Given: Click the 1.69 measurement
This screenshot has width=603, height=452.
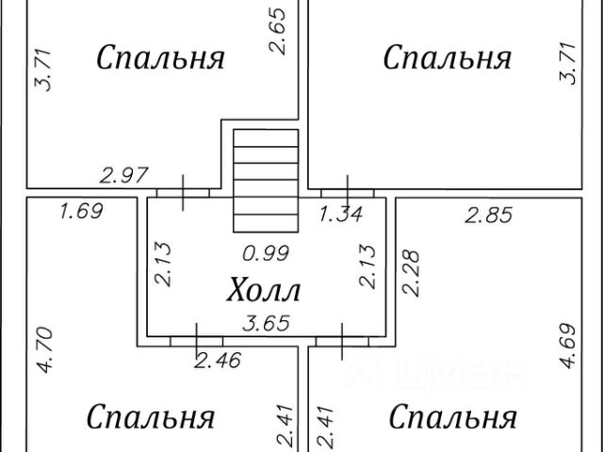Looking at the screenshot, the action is click(80, 210).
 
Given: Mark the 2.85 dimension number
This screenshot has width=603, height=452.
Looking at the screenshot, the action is click(489, 216).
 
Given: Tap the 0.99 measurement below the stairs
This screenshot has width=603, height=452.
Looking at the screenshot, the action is click(266, 252).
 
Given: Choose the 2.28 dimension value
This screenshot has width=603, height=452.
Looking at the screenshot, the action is click(411, 272).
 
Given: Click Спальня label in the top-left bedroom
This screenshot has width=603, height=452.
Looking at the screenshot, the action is click(161, 57).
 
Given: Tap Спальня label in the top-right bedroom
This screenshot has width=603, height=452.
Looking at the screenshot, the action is click(447, 57).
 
